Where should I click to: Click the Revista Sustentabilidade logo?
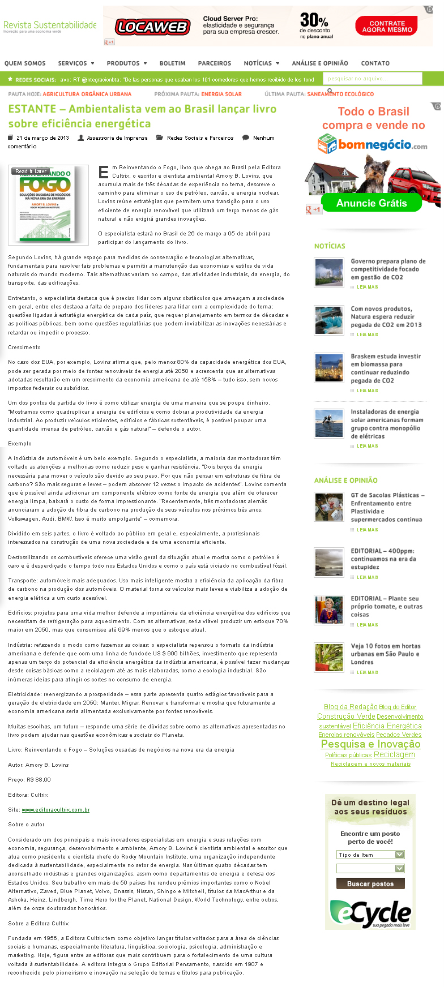coord(50,26)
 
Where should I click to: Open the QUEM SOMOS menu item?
coord(25,63)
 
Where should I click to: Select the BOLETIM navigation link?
coord(172,63)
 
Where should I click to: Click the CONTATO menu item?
coord(375,63)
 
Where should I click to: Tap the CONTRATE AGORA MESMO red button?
coord(387,27)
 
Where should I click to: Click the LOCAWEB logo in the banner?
coord(152,27)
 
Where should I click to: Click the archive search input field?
coord(372,79)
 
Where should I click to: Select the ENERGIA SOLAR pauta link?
coord(221,94)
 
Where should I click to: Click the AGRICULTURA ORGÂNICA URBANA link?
coord(87,94)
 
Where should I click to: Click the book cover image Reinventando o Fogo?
coord(49,205)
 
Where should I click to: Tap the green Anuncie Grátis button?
coord(372,203)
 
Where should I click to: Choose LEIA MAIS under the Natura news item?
coord(367,334)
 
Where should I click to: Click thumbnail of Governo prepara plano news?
coord(329,272)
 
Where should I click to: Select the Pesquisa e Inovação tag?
coord(370,744)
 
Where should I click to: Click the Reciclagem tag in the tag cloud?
coord(394,754)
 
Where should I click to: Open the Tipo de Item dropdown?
coord(370,855)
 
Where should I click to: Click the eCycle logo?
coord(370,914)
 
